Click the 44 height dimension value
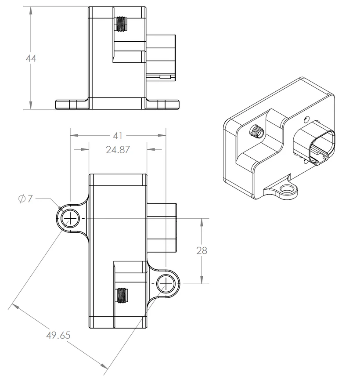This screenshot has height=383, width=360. point(31,58)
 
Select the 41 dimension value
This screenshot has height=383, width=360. point(118,136)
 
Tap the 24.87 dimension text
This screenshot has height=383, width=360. point(118,150)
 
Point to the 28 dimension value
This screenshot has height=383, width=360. point(202,251)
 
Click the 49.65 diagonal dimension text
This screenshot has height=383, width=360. point(58,335)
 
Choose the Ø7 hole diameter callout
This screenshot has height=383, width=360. point(25,199)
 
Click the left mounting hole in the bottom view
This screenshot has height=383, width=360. point(70,218)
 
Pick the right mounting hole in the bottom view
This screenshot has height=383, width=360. point(166,284)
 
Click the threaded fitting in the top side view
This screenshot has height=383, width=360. point(120,24)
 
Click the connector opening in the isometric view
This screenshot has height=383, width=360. point(322,148)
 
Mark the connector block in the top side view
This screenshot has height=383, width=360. point(161,58)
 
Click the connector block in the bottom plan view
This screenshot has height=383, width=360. point(162,228)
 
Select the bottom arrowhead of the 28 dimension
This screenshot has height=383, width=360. point(202,280)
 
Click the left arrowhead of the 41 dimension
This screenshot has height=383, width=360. point(74,135)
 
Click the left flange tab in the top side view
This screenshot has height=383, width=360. point(71,105)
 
